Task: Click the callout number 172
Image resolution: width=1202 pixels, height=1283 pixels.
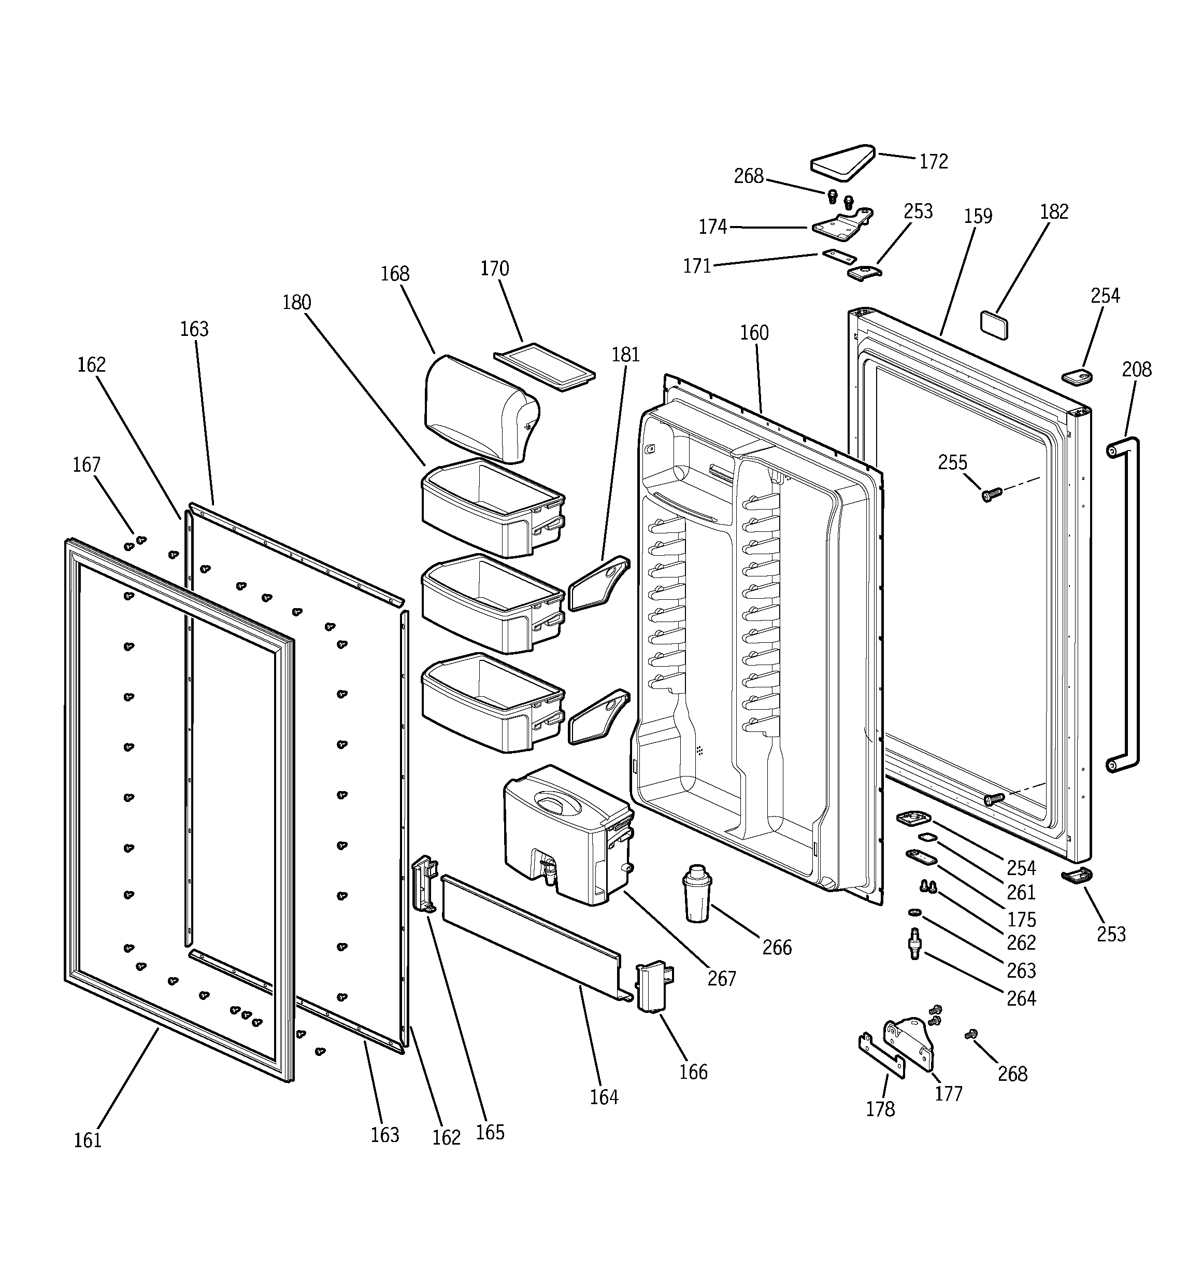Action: tap(933, 161)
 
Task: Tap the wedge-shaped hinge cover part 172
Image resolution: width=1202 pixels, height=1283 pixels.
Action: tap(842, 161)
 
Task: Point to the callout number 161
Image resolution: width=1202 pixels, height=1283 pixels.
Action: tap(88, 1140)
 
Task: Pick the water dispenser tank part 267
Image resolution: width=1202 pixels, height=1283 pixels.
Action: tap(565, 833)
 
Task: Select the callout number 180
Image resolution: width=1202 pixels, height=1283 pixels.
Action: tap(296, 302)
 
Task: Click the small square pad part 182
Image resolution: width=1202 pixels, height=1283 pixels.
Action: tap(994, 324)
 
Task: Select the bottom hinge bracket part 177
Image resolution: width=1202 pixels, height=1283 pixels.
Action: tap(910, 1044)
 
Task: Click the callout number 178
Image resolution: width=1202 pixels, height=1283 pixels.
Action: tap(880, 1109)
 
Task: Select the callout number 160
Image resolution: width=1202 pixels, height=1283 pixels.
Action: tap(754, 333)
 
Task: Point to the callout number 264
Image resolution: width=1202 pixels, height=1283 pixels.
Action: tap(1021, 998)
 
